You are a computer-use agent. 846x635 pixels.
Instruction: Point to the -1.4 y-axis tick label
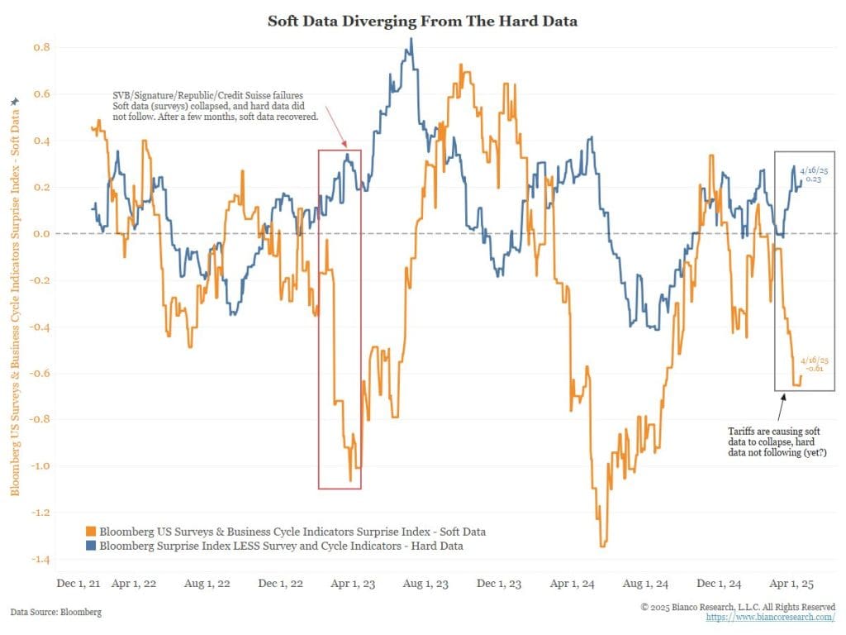[40, 560]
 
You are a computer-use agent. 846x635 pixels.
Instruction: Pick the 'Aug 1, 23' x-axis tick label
[425, 584]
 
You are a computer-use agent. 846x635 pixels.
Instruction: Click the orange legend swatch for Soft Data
[91, 531]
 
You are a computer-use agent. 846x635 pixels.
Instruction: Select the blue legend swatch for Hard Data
[91, 546]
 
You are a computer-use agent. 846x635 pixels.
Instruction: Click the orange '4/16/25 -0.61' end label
[815, 365]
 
